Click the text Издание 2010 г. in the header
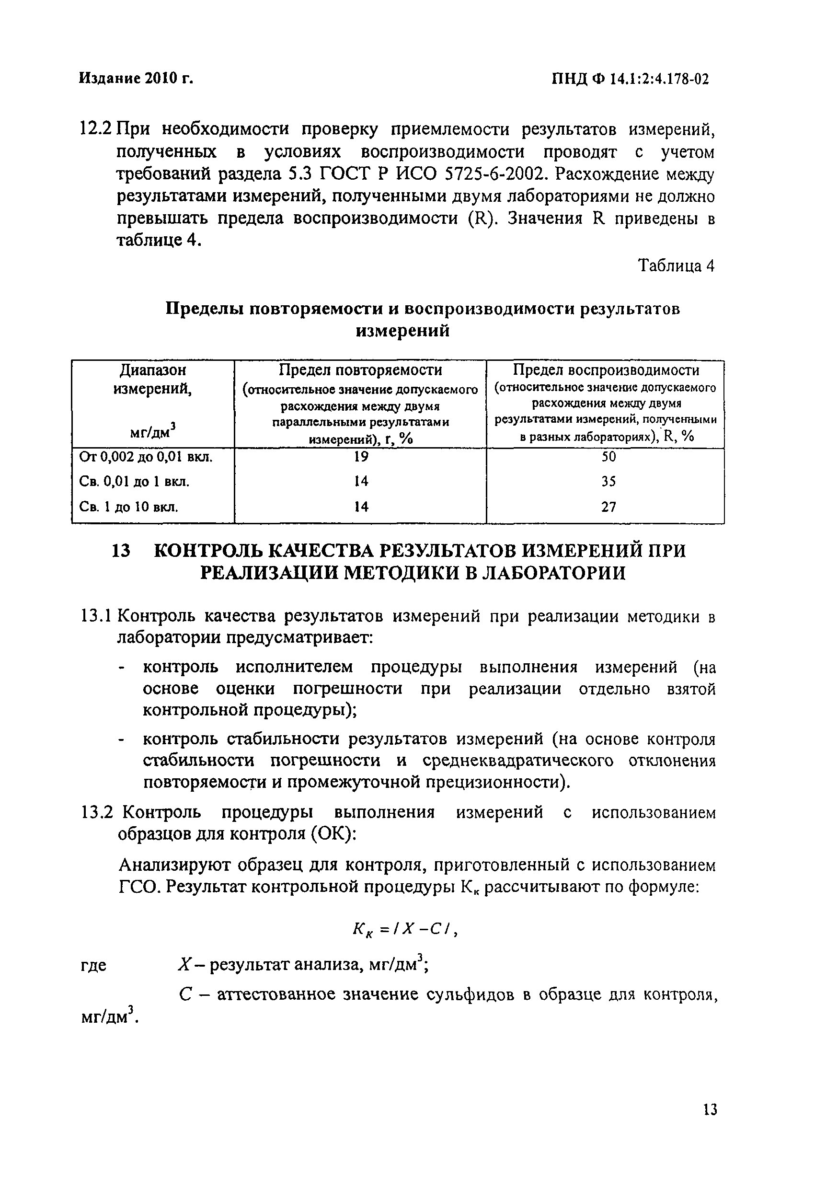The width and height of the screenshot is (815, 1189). click(x=137, y=78)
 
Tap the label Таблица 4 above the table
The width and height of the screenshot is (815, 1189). click(x=675, y=266)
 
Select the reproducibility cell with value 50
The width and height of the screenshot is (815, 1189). click(x=608, y=456)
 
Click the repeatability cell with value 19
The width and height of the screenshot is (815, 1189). click(x=361, y=456)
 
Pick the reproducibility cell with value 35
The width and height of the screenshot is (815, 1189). click(x=608, y=481)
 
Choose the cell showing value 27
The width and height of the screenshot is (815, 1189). click(x=608, y=507)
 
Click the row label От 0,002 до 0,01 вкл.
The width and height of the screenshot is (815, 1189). click(x=146, y=456)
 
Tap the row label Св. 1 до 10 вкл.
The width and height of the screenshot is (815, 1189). click(x=129, y=507)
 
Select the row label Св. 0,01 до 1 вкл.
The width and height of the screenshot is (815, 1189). click(x=135, y=482)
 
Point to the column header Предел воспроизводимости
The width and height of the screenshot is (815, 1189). click(x=606, y=369)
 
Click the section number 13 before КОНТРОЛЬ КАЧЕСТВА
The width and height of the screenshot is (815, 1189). click(x=121, y=551)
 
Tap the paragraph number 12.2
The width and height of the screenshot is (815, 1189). click(x=96, y=129)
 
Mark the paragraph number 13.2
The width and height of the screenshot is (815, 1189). click(x=97, y=812)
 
